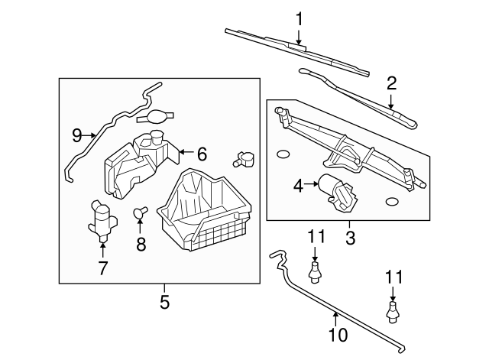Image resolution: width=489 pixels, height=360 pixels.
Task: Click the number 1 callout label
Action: [x=300, y=18]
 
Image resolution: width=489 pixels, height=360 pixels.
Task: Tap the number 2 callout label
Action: [x=391, y=83]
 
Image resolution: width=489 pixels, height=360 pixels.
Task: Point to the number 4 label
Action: [x=299, y=184]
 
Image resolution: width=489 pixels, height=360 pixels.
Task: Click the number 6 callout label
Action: [x=202, y=154]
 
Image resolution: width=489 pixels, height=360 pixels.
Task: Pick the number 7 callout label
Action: [x=102, y=268]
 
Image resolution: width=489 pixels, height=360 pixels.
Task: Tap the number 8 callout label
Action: [x=140, y=245]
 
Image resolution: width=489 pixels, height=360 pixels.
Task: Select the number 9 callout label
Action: [x=76, y=135]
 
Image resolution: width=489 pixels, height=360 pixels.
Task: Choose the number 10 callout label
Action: [x=337, y=334]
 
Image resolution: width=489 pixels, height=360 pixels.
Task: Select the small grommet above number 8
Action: [x=140, y=213]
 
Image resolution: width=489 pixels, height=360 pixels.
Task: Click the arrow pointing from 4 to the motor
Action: [x=312, y=184]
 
